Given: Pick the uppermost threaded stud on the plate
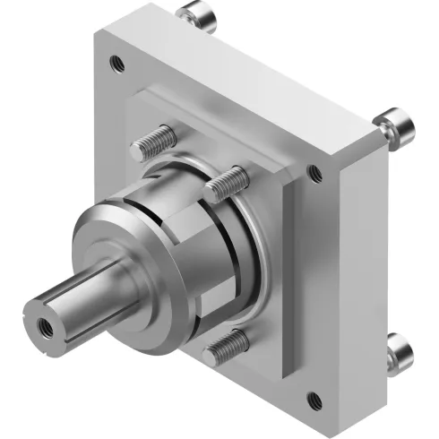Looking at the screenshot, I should (154, 141).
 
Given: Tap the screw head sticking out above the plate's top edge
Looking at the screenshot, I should (192, 15).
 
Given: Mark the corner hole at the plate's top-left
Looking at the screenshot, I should (115, 63).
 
